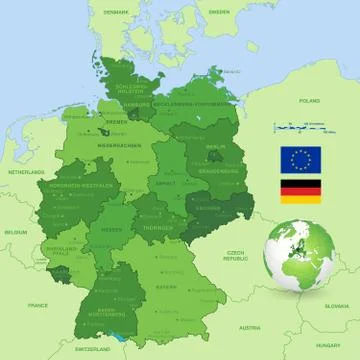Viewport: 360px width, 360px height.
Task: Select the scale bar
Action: click(303, 127)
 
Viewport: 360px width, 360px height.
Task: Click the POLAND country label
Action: click(309, 101)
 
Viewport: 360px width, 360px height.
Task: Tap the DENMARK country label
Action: click(117, 11)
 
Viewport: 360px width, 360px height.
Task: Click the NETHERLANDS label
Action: click(27, 172)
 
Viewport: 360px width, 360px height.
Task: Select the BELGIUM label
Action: click(16, 231)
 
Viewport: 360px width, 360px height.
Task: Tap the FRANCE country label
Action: click(38, 304)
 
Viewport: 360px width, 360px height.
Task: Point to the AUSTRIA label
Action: click(249, 326)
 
